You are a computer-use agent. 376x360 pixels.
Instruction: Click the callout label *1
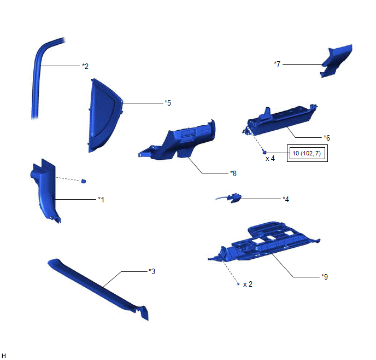pos(101,200)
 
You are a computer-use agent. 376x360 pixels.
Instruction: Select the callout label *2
pos(85,66)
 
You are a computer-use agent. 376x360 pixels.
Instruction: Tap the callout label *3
pos(152,271)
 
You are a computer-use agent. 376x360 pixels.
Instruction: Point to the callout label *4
pos(285,199)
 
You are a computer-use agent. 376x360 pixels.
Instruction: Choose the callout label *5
pos(168,102)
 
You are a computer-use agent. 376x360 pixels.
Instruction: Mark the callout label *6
pos(326,137)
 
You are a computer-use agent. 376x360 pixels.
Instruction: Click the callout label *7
pos(277,64)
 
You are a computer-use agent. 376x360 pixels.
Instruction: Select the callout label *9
pos(325,276)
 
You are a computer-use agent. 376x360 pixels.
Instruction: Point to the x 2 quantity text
pos(248,284)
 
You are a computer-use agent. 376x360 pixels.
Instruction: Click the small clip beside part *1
pos(84,181)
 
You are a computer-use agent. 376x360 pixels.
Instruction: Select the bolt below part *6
pos(263,152)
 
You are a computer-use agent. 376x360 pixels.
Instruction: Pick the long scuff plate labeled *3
pos(98,287)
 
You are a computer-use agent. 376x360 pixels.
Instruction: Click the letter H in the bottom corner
pos(4,356)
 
